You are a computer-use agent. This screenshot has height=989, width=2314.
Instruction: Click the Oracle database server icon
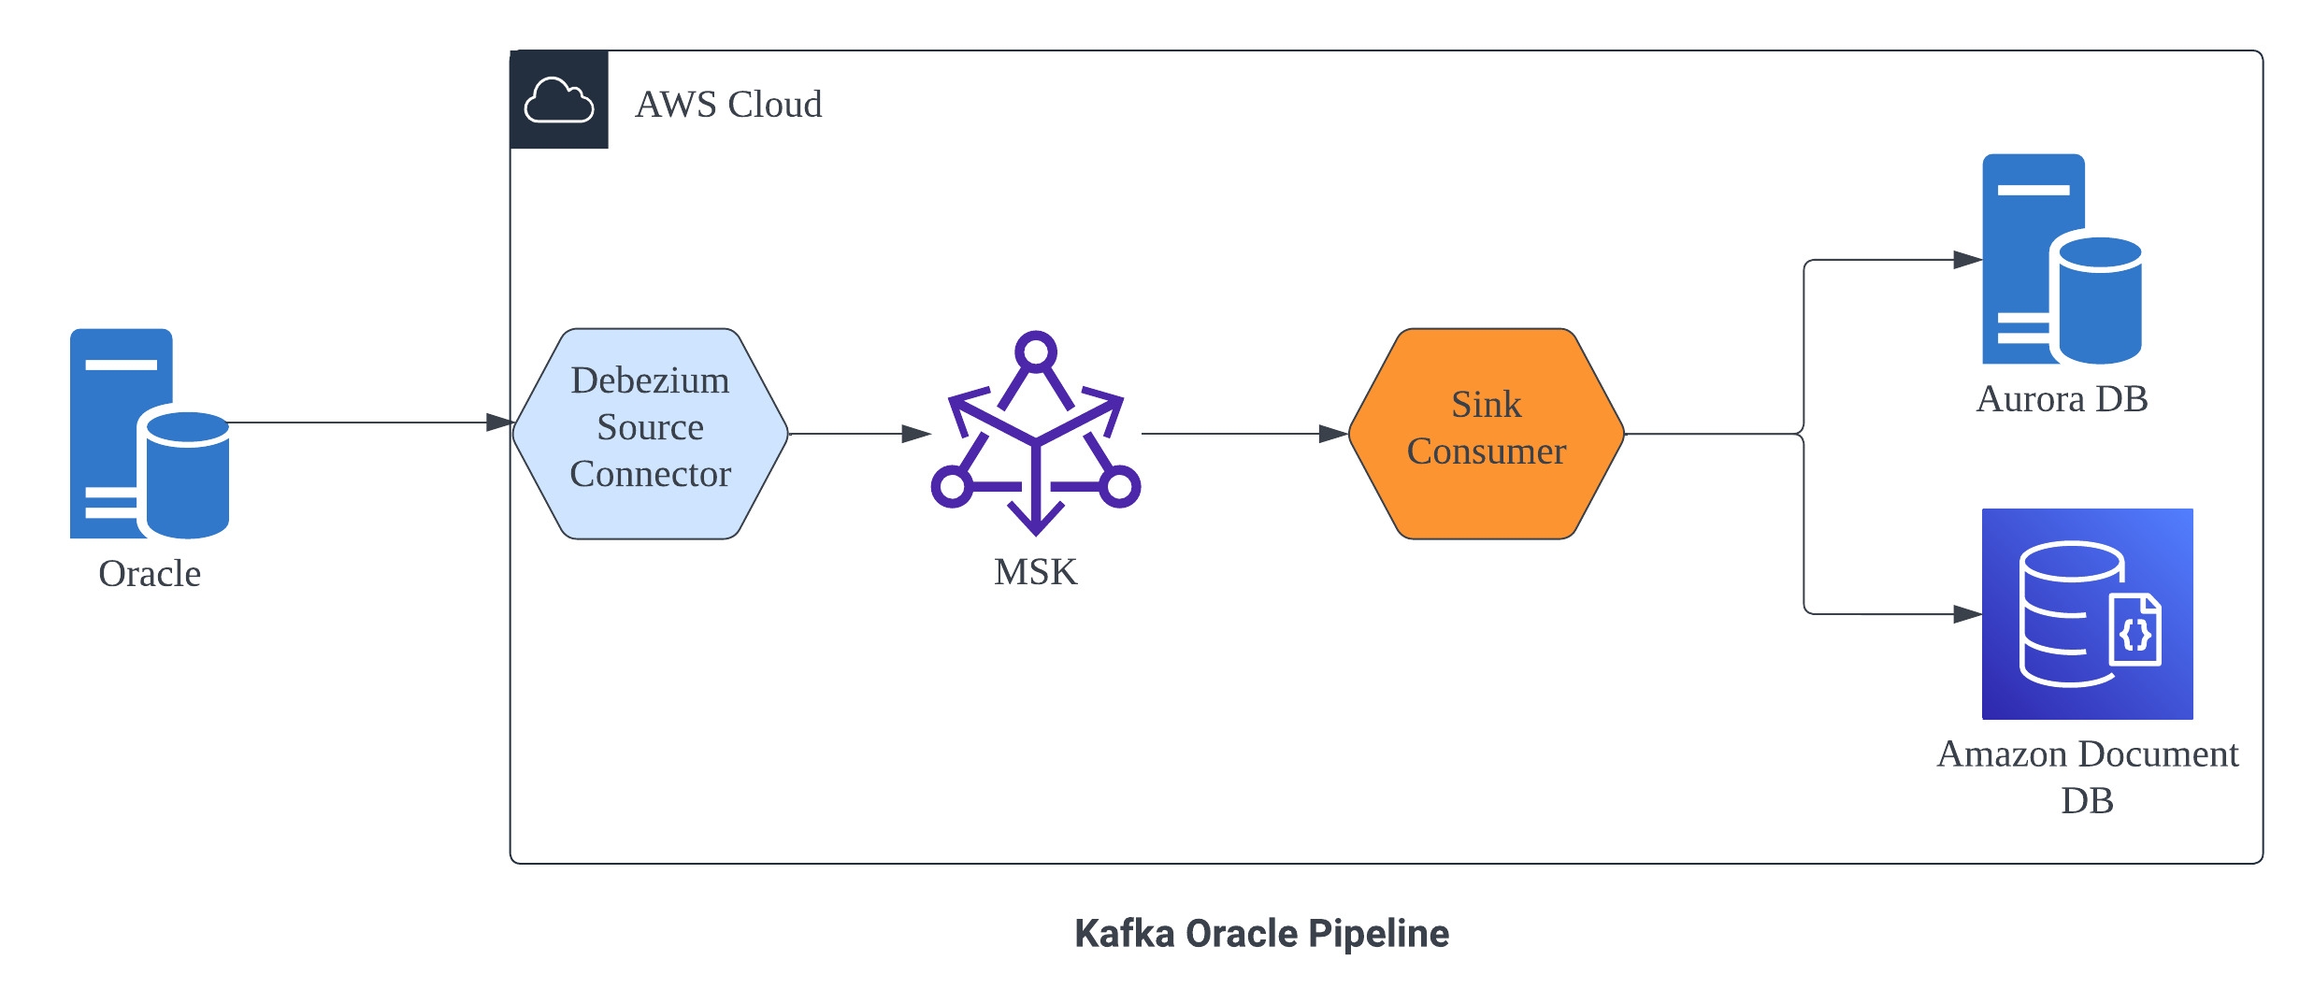(150, 434)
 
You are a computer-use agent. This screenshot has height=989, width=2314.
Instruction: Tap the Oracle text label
(150, 574)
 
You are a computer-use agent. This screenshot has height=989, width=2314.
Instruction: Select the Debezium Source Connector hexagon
(651, 434)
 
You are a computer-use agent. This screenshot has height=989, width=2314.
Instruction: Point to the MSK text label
(1036, 572)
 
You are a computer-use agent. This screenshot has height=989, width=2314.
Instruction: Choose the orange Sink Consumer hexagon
(1487, 434)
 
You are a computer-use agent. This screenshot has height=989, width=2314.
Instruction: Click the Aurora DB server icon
(2061, 260)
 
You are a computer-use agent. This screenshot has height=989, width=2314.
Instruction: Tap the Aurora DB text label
(2062, 399)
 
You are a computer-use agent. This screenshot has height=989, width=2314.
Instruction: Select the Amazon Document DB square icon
(2087, 614)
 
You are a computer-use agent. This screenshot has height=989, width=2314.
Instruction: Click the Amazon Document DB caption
(2087, 777)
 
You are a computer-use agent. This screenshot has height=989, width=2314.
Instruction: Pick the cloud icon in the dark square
(559, 100)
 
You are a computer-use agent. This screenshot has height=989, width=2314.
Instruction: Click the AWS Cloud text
(728, 105)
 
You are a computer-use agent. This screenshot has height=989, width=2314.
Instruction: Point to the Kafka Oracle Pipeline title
(1261, 934)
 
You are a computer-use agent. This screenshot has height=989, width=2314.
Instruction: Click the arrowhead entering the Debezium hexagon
(500, 423)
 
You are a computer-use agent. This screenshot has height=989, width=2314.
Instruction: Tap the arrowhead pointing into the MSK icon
(916, 434)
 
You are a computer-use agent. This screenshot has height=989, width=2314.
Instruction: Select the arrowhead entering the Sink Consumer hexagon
(1333, 434)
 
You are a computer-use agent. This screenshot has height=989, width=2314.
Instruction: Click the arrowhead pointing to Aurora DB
(1968, 260)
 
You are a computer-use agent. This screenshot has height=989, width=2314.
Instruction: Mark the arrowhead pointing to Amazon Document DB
(1968, 614)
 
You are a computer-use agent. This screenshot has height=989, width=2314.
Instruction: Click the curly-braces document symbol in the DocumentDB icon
(2136, 633)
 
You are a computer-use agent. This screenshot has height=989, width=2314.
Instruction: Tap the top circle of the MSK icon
(1036, 352)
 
